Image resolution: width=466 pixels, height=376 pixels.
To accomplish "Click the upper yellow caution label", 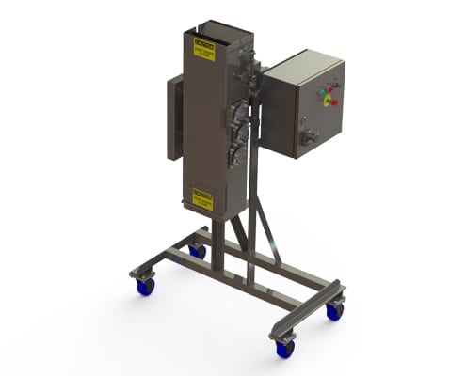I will (x=203, y=51).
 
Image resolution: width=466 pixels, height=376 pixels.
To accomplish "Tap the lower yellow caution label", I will (x=202, y=198).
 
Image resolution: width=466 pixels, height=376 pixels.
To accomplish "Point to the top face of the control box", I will (x=303, y=59).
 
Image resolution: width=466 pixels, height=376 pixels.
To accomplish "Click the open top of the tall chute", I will (x=212, y=33).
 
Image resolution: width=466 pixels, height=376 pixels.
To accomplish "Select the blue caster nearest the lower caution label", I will (x=198, y=251).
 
